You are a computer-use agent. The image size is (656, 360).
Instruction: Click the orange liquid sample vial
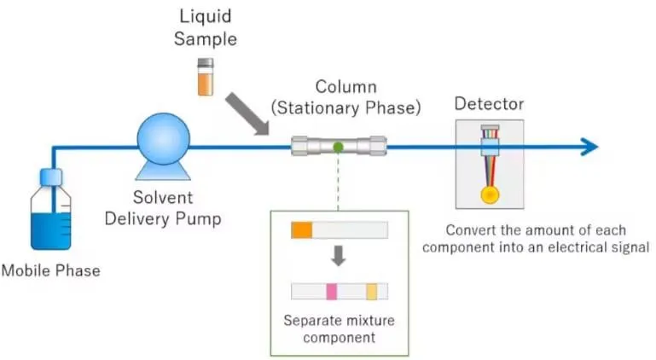pos(206,77)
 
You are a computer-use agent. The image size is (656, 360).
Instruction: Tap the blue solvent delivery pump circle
pos(164,139)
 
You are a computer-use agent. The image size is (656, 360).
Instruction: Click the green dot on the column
pos(338,147)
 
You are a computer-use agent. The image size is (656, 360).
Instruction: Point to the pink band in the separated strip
pos(332,292)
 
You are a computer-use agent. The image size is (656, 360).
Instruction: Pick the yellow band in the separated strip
pos(372,292)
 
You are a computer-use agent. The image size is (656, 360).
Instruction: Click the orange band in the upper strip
pos(302,230)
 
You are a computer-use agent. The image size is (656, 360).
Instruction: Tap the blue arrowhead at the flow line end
pos(590,147)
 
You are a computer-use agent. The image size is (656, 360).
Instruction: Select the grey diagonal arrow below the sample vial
pos(247,113)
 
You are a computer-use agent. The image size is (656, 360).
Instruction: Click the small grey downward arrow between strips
pos(339,256)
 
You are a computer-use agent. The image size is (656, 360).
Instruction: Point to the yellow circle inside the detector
pos(490,195)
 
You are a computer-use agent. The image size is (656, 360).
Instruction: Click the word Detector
pos(489,104)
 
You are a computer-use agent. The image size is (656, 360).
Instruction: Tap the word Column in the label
pos(346,87)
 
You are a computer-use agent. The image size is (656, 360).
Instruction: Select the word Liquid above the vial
pos(205,17)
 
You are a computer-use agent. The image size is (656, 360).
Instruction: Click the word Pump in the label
pos(198,219)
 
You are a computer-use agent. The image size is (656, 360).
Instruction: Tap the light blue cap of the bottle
pos(51,177)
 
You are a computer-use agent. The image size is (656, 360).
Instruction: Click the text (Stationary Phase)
pos(346,108)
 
